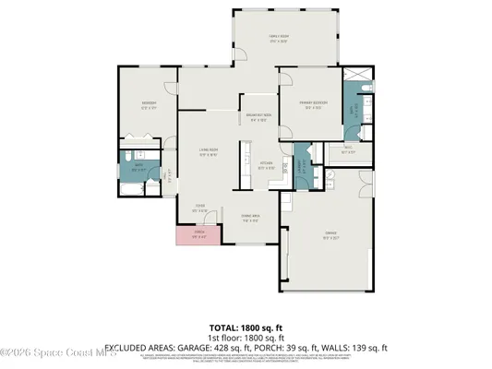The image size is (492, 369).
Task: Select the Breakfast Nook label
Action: [x=259, y=117]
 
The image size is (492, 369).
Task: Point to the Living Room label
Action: [x=208, y=153]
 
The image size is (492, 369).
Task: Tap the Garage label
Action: [x=329, y=236]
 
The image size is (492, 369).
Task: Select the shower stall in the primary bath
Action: [x=352, y=85]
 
